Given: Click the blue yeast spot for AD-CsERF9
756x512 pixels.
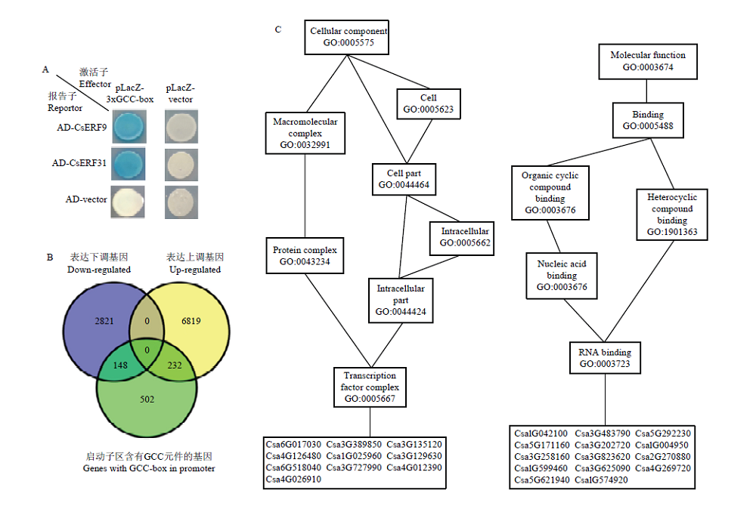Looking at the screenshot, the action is tap(129, 126).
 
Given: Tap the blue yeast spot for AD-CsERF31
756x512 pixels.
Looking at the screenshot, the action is tap(129, 164).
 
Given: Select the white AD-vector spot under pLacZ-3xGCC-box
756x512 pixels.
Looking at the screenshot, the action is tap(128, 202).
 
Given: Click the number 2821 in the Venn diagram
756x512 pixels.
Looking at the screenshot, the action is tap(104, 321).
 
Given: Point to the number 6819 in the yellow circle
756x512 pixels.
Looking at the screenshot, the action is tap(191, 321).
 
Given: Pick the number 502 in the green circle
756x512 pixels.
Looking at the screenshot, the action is tap(147, 399).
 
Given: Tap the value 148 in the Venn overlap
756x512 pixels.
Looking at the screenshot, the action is tap(120, 365).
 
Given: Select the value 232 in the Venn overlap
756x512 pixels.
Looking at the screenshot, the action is tap(175, 365).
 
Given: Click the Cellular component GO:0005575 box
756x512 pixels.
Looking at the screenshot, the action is tap(347, 37).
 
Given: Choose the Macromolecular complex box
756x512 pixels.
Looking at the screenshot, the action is tap(305, 133).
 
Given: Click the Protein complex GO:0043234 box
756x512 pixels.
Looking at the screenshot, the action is tap(305, 255).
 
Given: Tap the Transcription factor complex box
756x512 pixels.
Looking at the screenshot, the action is tap(370, 387).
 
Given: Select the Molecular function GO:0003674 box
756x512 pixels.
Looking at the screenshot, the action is tap(648, 61).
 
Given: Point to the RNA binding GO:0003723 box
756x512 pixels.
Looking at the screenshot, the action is tap(605, 358).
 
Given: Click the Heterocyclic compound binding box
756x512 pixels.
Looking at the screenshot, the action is tap(671, 214).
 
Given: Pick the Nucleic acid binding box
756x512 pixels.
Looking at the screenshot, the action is tap(562, 276).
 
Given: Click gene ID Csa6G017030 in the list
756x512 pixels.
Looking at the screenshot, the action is tap(293, 444).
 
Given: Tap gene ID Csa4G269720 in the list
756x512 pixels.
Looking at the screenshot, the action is tap(662, 468).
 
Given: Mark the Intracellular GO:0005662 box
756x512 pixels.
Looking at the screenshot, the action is tap(462, 237).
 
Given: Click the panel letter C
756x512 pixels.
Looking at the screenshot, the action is tap(278, 29).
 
